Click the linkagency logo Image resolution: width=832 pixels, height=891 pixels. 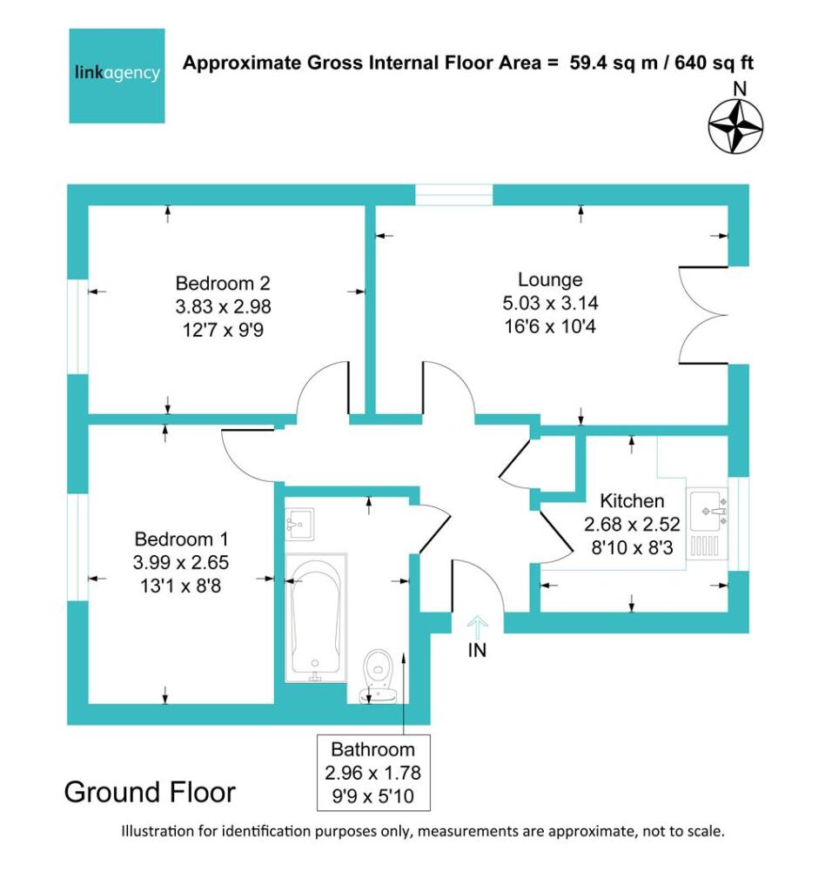[x=117, y=76]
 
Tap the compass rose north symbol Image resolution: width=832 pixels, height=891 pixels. [x=735, y=125]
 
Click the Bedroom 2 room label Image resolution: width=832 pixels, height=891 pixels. [x=223, y=283]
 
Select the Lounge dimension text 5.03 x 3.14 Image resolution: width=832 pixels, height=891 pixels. [x=549, y=304]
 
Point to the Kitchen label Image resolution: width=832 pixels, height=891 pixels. [x=632, y=501]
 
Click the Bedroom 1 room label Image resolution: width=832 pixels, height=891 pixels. [x=181, y=539]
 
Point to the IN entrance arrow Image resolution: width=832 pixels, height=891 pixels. [x=477, y=627]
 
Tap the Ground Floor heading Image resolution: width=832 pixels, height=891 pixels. [x=150, y=793]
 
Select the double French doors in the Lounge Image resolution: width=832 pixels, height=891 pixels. [x=703, y=314]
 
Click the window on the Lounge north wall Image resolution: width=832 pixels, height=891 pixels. [x=453, y=195]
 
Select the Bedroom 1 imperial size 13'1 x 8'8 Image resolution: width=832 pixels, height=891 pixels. [x=181, y=586]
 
